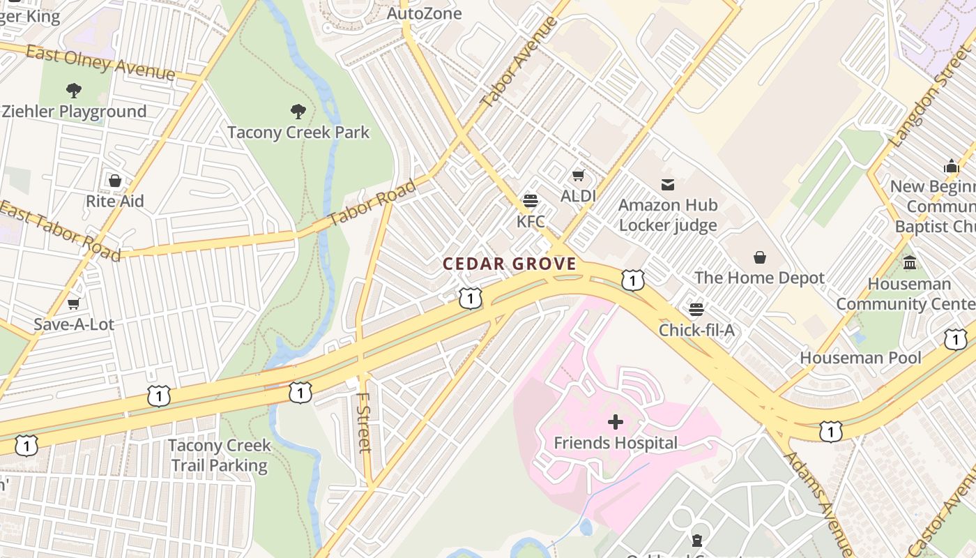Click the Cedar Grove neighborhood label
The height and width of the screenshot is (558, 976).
click(x=510, y=264)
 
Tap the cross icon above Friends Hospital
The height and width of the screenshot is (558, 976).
click(x=616, y=421)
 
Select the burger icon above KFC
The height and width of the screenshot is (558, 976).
click(x=530, y=201)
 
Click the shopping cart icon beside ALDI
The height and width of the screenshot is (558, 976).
click(x=578, y=175)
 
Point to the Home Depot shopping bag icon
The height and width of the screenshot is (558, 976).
click(x=760, y=257)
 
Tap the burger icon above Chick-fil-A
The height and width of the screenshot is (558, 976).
click(x=696, y=309)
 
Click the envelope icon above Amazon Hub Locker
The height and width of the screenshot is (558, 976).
click(x=668, y=184)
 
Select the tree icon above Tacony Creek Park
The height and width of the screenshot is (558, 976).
click(x=298, y=111)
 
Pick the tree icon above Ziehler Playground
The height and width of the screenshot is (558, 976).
click(x=73, y=90)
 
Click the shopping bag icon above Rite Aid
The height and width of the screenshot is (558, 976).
click(x=115, y=181)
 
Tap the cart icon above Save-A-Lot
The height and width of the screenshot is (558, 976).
click(x=73, y=303)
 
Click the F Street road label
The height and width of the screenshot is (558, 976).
click(x=363, y=422)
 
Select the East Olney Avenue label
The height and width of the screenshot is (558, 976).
click(x=100, y=62)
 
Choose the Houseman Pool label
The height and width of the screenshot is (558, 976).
click(x=860, y=358)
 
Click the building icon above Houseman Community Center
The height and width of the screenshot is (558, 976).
click(x=910, y=263)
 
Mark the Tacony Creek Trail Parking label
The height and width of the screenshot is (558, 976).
click(x=219, y=455)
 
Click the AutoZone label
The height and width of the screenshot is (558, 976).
click(x=424, y=13)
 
